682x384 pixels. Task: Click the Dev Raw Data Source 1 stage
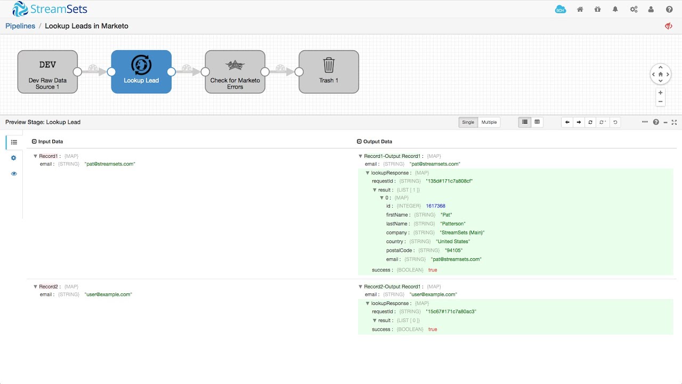tap(47, 72)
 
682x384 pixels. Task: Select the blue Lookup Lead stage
tap(141, 72)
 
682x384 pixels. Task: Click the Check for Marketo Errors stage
tap(235, 72)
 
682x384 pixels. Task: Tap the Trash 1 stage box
tap(329, 72)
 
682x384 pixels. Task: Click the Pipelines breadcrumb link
tap(20, 26)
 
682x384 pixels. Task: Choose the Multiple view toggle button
tap(489, 122)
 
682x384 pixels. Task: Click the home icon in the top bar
tap(580, 9)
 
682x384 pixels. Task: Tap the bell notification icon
tap(615, 9)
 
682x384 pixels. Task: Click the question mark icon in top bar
tap(669, 9)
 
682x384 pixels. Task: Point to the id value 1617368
tap(435, 206)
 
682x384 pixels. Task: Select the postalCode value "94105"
tap(453, 251)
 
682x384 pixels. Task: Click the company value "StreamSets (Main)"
tap(462, 233)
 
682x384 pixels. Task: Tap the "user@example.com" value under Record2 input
tap(108, 294)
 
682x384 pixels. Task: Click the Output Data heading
tap(377, 141)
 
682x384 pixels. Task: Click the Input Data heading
tap(50, 141)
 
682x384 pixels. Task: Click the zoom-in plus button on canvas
tap(661, 92)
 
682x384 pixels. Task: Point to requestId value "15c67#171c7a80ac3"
tap(450, 311)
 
